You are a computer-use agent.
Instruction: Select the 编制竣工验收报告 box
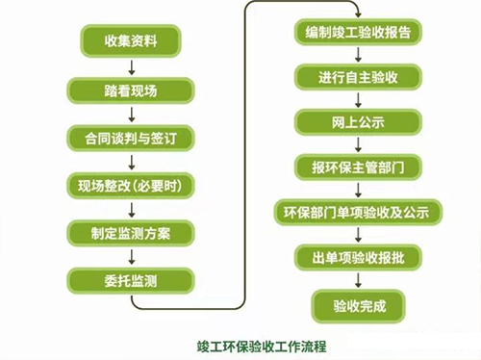tap(357, 34)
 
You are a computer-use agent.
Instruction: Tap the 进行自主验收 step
tap(357, 78)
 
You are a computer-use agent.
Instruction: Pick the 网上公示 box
tap(357, 122)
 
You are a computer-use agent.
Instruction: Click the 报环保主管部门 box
tap(357, 167)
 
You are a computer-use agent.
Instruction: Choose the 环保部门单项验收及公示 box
tap(357, 212)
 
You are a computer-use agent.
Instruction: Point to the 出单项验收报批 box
tap(357, 257)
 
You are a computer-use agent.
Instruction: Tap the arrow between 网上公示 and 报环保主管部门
tap(358, 144)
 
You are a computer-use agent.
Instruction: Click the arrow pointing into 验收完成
tap(358, 281)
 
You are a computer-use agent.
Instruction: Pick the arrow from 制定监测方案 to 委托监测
tap(131, 257)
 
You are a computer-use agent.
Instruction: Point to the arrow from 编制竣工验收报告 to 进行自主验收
tap(358, 56)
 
